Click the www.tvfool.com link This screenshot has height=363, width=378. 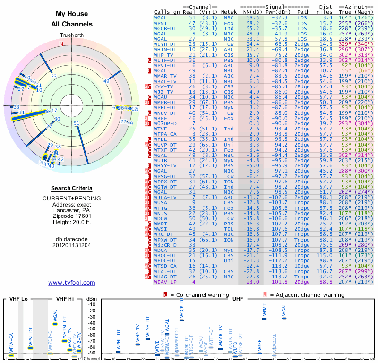tap(71, 283)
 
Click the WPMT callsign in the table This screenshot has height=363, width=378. tap(161, 23)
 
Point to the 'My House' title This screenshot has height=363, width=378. tap(71, 14)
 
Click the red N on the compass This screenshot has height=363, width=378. tap(61, 44)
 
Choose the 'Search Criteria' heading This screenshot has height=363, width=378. tap(71, 188)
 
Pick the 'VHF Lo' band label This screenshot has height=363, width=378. tap(18, 299)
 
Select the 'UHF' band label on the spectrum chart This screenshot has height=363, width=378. tap(238, 299)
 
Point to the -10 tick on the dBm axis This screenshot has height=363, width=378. tap(92, 304)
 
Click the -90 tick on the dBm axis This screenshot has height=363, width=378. tap(92, 353)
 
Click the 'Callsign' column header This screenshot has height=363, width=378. tap(165, 12)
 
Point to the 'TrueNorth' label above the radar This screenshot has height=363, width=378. tap(71, 35)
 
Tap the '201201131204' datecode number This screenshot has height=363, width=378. tap(71, 245)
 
